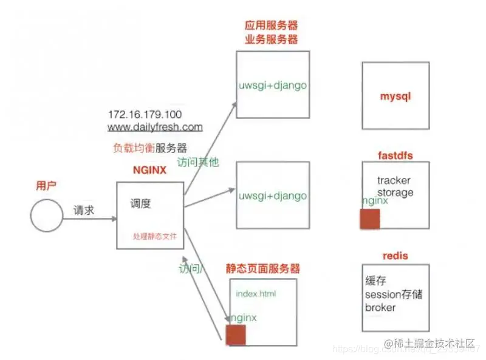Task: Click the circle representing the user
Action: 47,216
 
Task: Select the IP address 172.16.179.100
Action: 145,114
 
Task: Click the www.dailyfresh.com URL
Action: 155,127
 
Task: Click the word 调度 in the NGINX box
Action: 140,204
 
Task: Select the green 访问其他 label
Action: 197,163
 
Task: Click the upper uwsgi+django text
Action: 272,86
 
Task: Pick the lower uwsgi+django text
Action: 272,197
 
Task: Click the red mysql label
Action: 395,97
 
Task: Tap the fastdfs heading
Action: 395,156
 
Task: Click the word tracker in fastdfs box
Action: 394,180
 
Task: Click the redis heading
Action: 395,256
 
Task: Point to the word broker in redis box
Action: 380,308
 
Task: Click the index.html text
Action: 256,294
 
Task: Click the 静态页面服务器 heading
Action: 263,268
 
